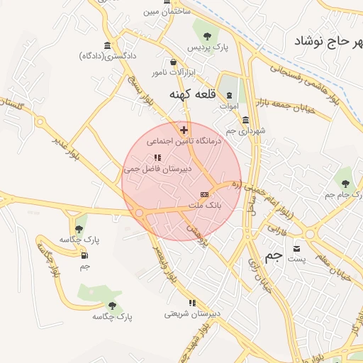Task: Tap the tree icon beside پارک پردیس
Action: pos(206,34)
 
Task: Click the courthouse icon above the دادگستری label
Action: pos(107,46)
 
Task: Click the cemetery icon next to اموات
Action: pos(229,96)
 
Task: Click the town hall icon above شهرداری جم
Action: pos(245,120)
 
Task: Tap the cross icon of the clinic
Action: pos(184,130)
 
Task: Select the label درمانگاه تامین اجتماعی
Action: pos(185,142)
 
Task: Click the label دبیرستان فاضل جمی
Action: pos(157,169)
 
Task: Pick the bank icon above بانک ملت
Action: pos(204,194)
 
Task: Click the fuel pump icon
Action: pos(85,255)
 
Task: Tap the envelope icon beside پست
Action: pos(296,247)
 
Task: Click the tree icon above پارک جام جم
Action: pos(345,183)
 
